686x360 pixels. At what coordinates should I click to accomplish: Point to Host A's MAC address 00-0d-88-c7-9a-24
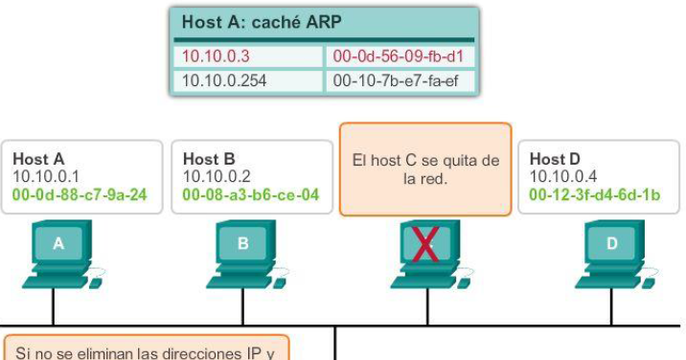pyautogui.click(x=80, y=194)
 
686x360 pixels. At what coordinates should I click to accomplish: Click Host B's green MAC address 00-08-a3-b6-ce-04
pyautogui.click(x=250, y=194)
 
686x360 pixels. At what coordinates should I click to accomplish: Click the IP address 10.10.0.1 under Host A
pyautogui.click(x=45, y=176)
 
